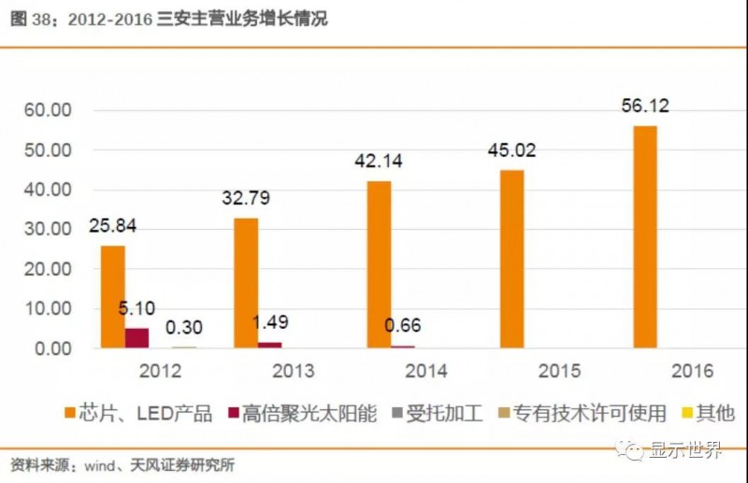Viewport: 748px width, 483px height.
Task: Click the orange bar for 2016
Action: click(645, 236)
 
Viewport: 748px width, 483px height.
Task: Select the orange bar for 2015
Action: click(511, 259)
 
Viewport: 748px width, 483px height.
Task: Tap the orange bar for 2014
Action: click(379, 264)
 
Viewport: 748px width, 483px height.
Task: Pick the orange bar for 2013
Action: click(246, 282)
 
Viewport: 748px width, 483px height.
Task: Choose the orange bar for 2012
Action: click(113, 296)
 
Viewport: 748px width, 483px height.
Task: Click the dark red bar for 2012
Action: click(137, 337)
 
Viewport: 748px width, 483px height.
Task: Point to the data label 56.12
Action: click(646, 106)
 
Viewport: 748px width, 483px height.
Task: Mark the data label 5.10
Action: click(137, 307)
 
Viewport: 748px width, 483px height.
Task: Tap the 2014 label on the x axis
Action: click(425, 371)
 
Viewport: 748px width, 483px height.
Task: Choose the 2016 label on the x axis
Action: click(691, 371)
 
